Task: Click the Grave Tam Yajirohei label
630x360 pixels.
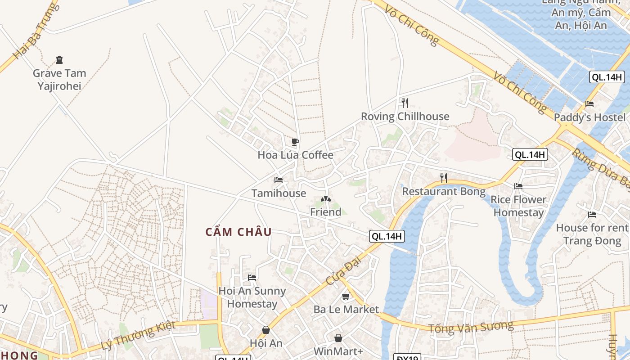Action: (x=59, y=79)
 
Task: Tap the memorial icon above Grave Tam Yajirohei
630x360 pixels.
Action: (x=59, y=60)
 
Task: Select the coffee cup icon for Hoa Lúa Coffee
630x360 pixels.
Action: (x=295, y=142)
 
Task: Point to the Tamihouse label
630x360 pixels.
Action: (x=279, y=193)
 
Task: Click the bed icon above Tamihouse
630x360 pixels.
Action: (x=279, y=180)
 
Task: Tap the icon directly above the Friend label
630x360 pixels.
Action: (x=326, y=198)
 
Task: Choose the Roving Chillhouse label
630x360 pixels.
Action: (x=405, y=117)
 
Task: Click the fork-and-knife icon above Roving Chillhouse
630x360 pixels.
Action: (x=405, y=103)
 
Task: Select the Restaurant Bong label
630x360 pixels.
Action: (x=444, y=191)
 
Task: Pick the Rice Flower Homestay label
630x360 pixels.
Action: (x=518, y=206)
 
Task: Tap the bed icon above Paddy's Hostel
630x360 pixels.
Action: (x=589, y=104)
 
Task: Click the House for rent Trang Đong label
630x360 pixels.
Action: (x=592, y=234)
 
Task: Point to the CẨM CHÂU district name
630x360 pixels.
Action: (x=238, y=232)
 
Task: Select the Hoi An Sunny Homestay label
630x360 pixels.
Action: (x=252, y=297)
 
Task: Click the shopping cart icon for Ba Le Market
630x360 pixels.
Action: (x=346, y=297)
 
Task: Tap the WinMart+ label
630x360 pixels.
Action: (x=338, y=351)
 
